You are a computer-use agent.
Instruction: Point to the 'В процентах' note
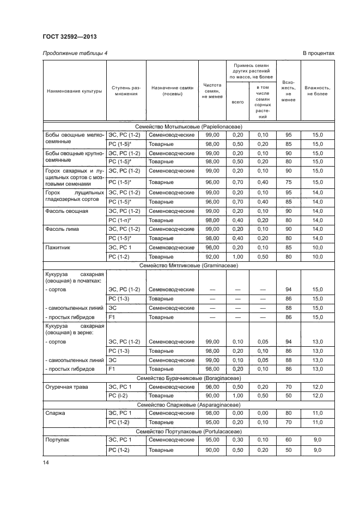click(x=318, y=53)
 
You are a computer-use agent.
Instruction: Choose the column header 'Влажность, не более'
click(x=316, y=90)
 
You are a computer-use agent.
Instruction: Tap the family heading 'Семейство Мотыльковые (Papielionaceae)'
click(x=188, y=126)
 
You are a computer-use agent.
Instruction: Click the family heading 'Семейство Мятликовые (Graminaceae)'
click(x=188, y=266)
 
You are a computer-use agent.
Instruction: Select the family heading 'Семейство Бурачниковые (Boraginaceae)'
click(x=188, y=378)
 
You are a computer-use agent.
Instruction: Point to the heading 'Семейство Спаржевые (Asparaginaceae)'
click(x=188, y=404)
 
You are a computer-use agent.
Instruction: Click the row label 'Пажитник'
click(x=56, y=247)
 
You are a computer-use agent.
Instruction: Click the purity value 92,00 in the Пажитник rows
click(x=212, y=256)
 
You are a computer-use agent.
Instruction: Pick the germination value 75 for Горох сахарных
click(x=289, y=182)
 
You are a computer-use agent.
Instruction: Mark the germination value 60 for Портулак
click(x=289, y=439)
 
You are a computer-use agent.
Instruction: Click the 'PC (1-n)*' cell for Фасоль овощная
click(x=120, y=220)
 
